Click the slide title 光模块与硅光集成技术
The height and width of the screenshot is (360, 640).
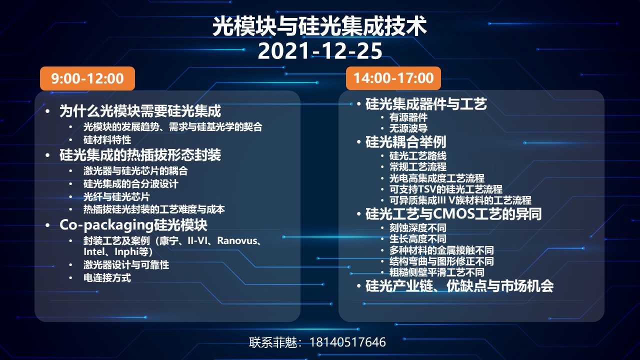click(x=319, y=26)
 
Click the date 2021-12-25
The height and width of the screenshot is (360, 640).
click(x=320, y=51)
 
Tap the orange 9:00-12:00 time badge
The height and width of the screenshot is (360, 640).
click(x=87, y=78)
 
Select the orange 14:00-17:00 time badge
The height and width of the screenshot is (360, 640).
click(x=393, y=78)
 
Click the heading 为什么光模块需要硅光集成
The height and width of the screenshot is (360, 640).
click(x=140, y=111)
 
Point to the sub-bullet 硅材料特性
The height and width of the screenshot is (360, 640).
click(x=107, y=140)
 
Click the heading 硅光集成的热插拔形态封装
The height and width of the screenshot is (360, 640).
click(x=140, y=155)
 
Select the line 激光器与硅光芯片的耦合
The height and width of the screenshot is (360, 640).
click(x=135, y=171)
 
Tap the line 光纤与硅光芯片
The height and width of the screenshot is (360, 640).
click(x=116, y=197)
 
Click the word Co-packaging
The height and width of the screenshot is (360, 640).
click(x=106, y=225)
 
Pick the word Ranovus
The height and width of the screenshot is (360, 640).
click(x=237, y=240)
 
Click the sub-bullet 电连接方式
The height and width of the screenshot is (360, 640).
click(x=107, y=277)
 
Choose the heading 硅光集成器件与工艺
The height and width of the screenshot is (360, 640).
click(x=426, y=103)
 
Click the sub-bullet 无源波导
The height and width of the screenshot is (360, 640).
click(x=408, y=128)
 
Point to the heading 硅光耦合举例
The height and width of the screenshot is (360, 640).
click(x=405, y=142)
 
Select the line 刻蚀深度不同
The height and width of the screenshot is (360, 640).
click(x=417, y=227)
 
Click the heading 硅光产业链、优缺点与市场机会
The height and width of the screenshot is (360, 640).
click(x=459, y=286)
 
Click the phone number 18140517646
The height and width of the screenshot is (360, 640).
click(x=347, y=342)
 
